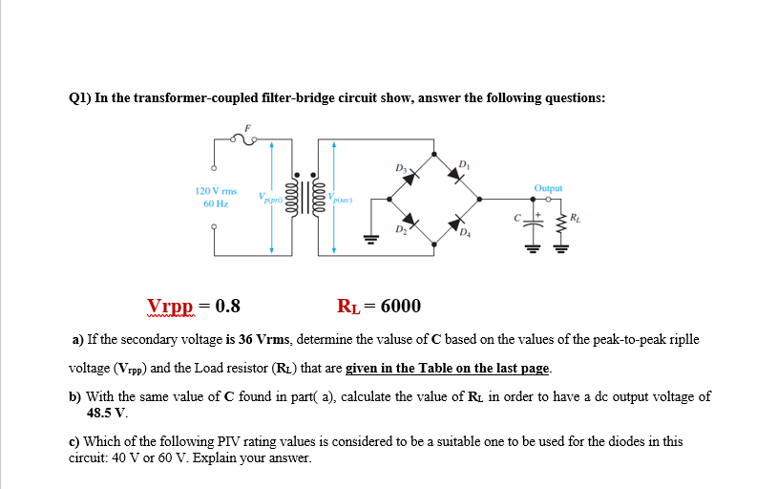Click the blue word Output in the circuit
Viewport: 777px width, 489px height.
[548, 189]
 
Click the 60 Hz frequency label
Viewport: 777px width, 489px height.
[216, 203]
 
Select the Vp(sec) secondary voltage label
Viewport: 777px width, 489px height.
[341, 200]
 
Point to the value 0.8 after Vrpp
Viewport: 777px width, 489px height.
[228, 307]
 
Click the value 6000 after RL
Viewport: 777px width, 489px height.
[400, 307]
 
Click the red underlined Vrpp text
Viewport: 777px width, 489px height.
[169, 307]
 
